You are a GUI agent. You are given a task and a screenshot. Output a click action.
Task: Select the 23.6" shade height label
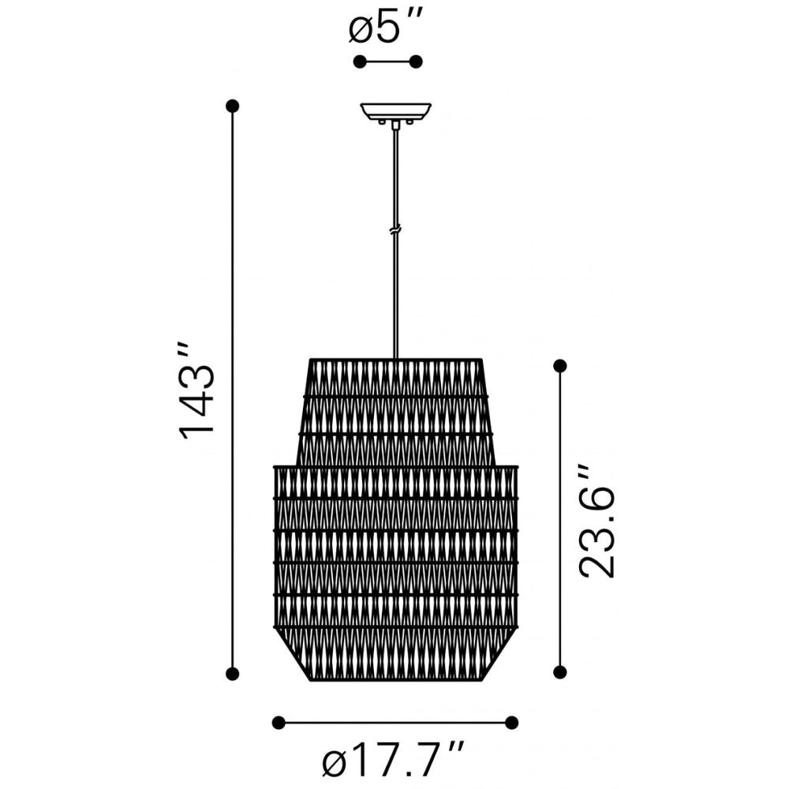(596, 522)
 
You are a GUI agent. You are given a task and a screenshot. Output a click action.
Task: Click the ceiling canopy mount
(395, 113)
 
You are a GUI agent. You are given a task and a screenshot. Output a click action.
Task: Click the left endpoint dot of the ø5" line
(360, 62)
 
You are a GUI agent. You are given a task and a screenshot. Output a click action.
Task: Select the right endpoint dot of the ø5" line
(416, 62)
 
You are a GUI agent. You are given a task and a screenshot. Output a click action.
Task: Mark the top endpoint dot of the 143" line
(233, 107)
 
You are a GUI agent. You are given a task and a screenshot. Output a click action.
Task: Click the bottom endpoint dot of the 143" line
(233, 673)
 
